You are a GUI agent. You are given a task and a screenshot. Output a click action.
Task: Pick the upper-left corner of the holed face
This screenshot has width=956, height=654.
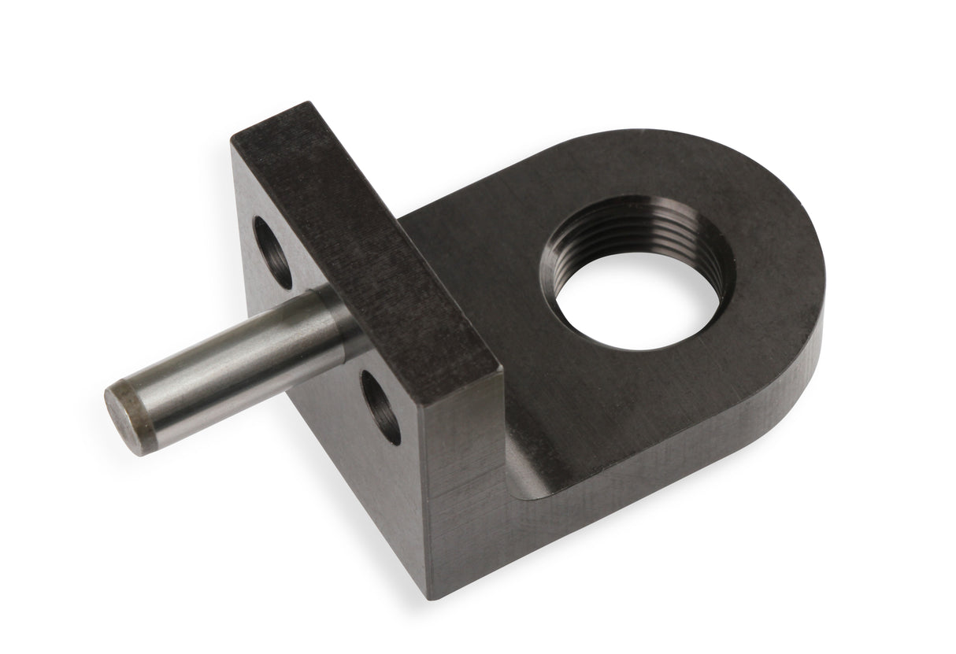[x=234, y=144]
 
